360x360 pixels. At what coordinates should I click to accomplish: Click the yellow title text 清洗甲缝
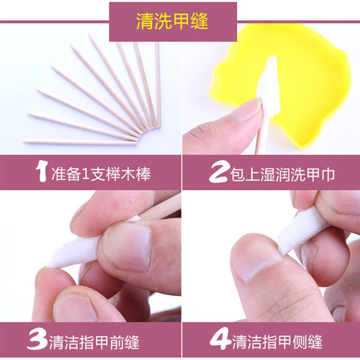172,21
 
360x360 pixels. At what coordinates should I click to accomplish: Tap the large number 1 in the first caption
41,171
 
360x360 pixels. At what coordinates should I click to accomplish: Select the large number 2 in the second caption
218,172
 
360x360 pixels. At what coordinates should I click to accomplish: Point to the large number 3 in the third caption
37,339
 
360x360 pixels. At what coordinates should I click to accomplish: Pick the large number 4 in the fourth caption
220,338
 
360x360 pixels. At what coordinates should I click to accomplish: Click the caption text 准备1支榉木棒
101,174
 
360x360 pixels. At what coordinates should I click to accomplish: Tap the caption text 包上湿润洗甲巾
282,174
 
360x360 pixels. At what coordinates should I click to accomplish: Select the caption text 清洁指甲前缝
94,341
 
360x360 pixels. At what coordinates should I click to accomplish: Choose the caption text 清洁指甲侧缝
277,341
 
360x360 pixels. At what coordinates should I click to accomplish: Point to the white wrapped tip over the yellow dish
268,86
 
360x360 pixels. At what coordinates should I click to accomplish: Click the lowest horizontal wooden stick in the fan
81,143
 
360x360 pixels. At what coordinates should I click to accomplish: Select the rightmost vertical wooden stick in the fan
158,84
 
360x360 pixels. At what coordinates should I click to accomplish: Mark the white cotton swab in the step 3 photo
74,252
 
